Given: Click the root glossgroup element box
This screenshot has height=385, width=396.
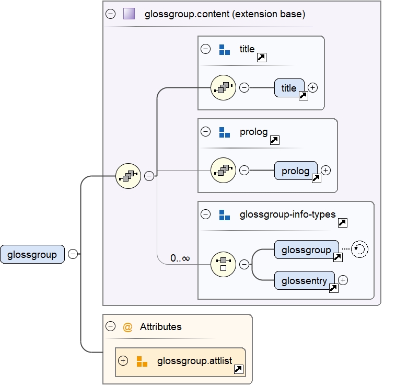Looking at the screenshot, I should (32, 254).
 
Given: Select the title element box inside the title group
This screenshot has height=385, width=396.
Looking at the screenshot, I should (289, 88).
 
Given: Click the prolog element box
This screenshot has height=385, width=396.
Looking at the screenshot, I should (295, 171).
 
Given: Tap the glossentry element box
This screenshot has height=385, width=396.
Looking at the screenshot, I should (304, 280).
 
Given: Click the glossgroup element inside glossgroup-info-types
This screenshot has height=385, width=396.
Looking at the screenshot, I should (306, 250).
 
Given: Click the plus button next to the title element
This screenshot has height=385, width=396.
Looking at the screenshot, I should (312, 87).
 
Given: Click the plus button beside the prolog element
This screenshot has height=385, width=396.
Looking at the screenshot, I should (325, 170).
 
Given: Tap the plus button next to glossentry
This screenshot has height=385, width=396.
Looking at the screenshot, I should (343, 280).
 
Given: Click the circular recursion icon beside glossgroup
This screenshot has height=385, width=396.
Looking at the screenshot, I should (360, 250).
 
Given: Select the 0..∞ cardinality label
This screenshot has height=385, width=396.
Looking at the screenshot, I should (180, 258).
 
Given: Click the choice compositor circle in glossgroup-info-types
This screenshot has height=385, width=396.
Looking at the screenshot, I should (223, 264).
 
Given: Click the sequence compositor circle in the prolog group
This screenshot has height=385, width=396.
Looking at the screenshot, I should (223, 170).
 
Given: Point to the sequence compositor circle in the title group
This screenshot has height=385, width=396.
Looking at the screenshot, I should (223, 87).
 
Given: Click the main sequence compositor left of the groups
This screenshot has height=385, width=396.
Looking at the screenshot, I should (128, 176).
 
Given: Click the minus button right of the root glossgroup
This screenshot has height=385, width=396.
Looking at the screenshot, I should (73, 254).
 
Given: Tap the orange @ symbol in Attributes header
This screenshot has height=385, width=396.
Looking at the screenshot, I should (127, 327).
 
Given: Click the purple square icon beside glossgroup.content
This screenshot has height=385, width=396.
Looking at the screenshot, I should (129, 14).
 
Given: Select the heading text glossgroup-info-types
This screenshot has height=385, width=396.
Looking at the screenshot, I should (287, 214).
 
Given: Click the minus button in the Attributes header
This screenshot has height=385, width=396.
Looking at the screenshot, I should (110, 326).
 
